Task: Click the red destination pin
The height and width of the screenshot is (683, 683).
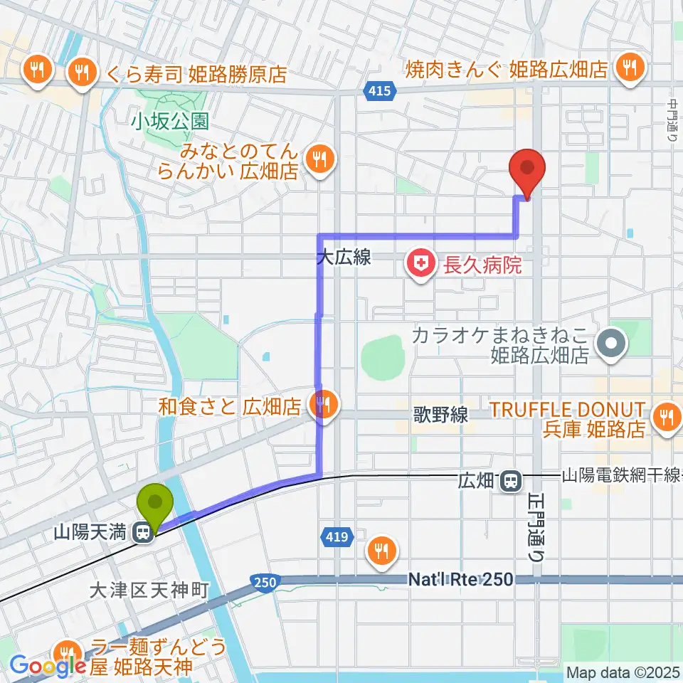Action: point(527,169)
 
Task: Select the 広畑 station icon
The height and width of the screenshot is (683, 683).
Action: point(509,481)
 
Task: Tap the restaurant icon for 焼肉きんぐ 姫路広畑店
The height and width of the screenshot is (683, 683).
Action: point(629,68)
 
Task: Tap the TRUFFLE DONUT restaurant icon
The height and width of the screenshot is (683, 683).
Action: point(666,417)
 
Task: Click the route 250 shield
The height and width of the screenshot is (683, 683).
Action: point(264,583)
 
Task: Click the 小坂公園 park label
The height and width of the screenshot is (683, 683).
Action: point(169,122)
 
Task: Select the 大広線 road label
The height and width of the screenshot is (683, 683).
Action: point(344,258)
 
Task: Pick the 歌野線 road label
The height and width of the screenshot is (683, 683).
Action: point(442,415)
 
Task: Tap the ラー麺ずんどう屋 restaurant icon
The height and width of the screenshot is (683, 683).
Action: point(69,653)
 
